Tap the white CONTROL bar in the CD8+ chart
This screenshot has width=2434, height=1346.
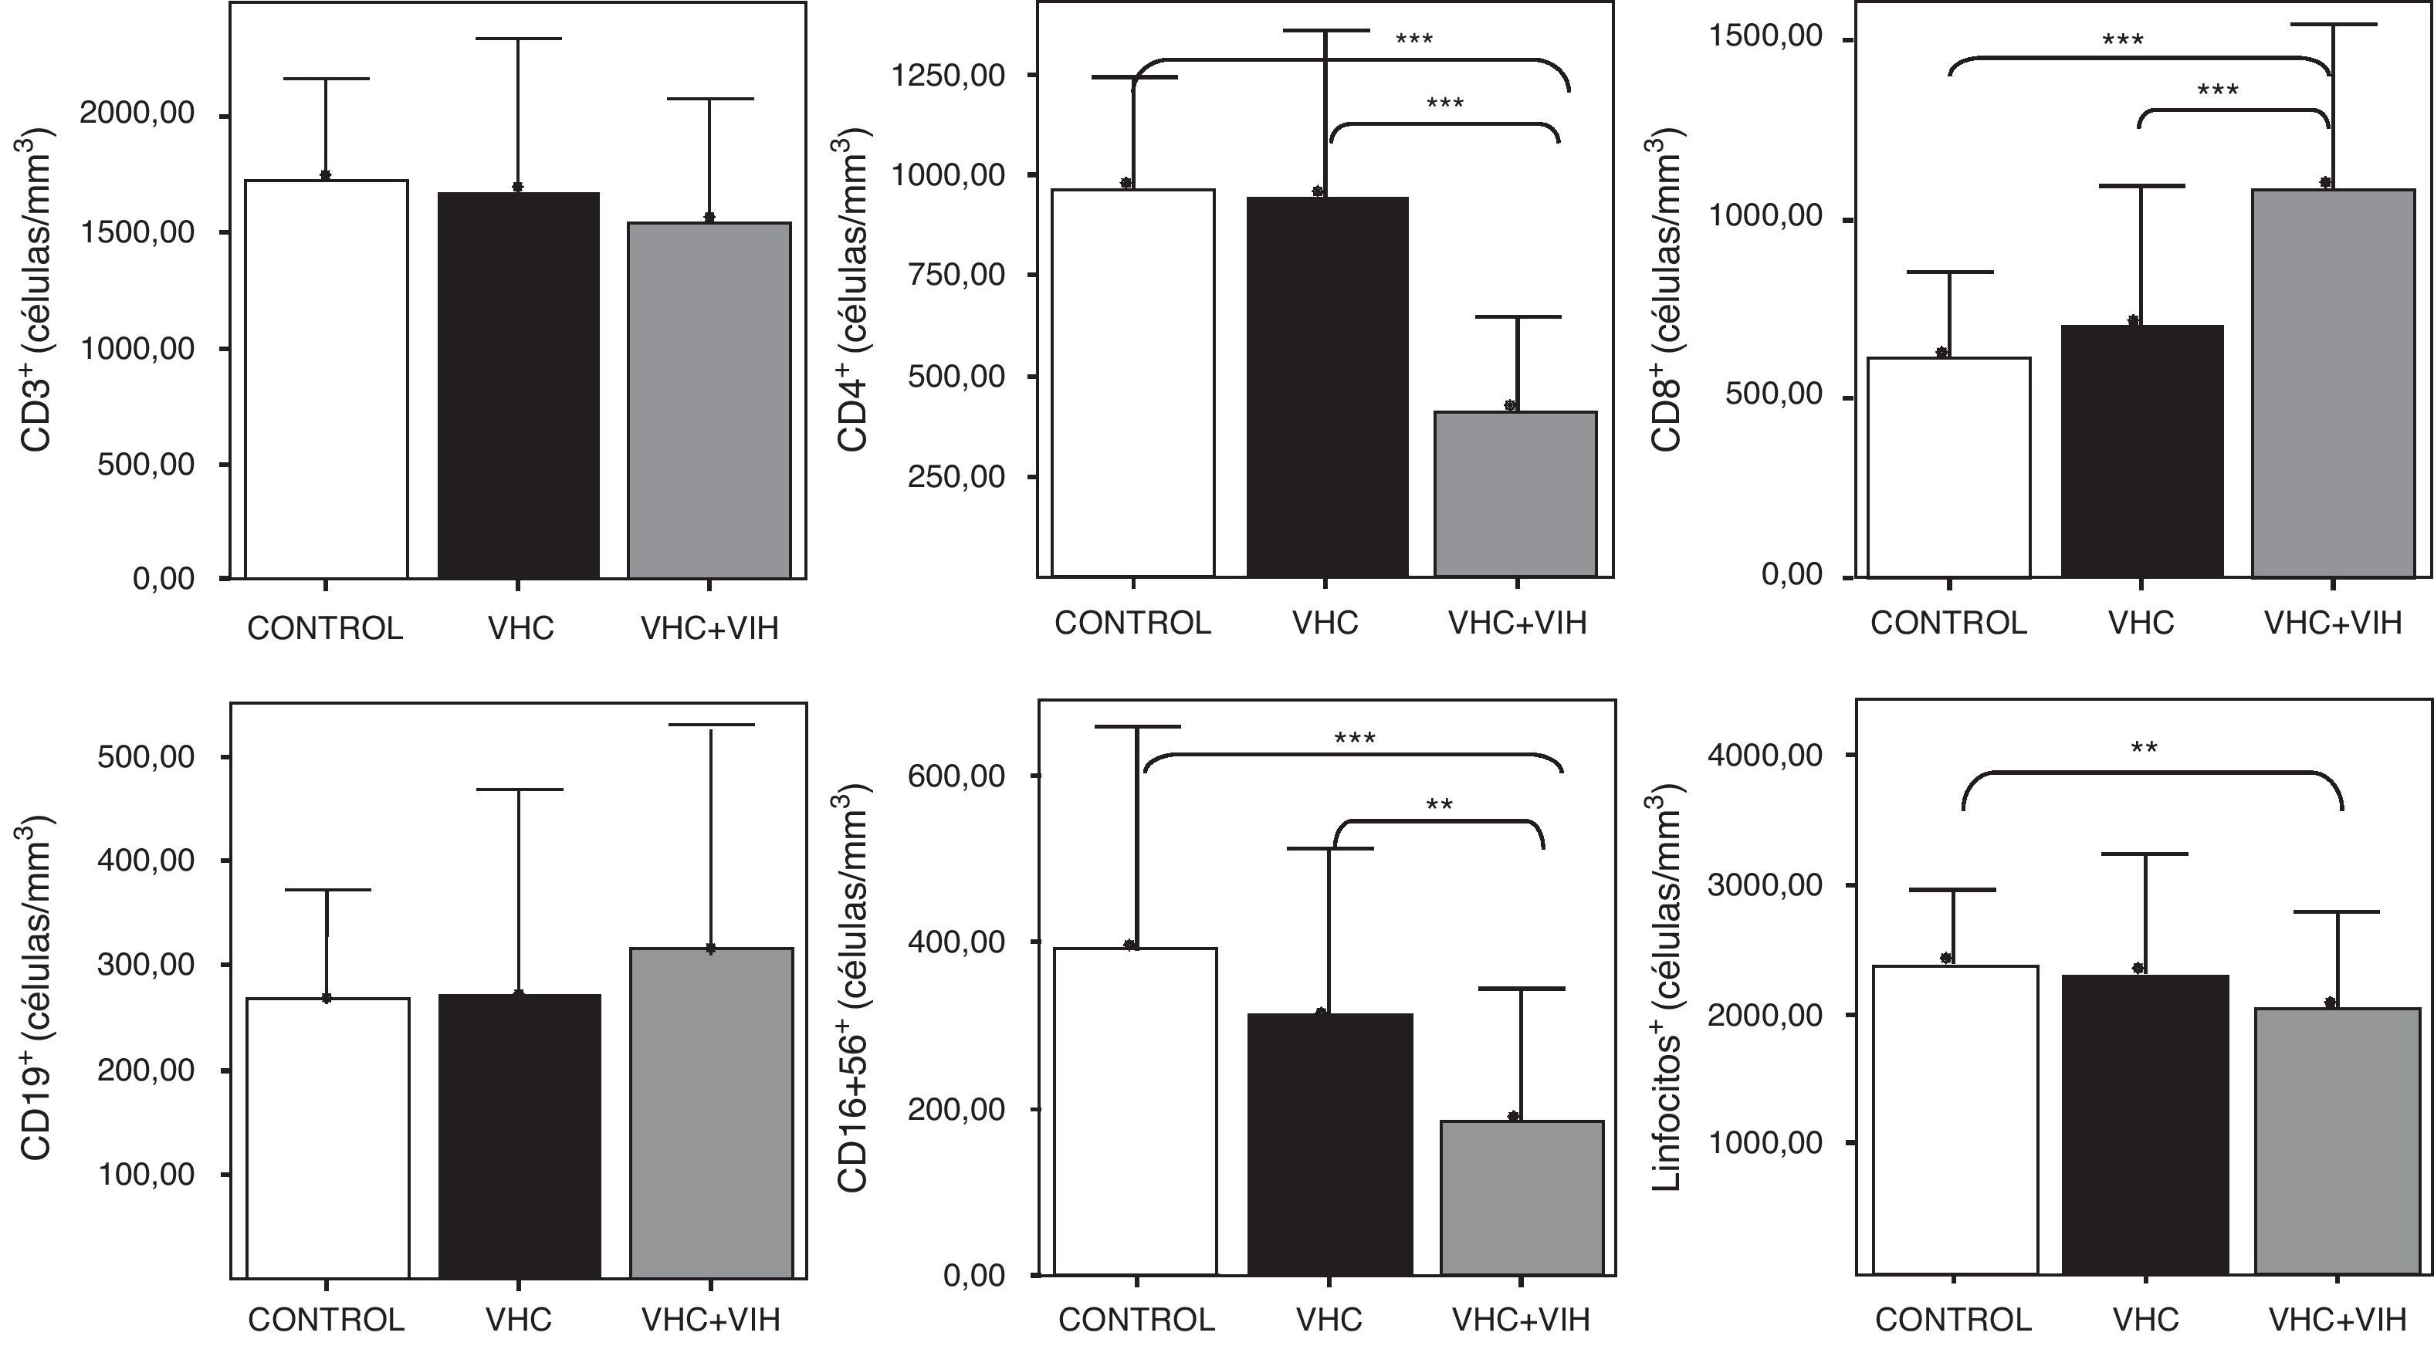1948,468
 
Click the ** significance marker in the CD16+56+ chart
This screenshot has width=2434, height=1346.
1439,806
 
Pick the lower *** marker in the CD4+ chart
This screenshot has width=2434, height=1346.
1444,103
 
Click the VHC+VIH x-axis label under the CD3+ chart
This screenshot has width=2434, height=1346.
709,628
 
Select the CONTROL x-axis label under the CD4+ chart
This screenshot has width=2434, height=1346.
1133,624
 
